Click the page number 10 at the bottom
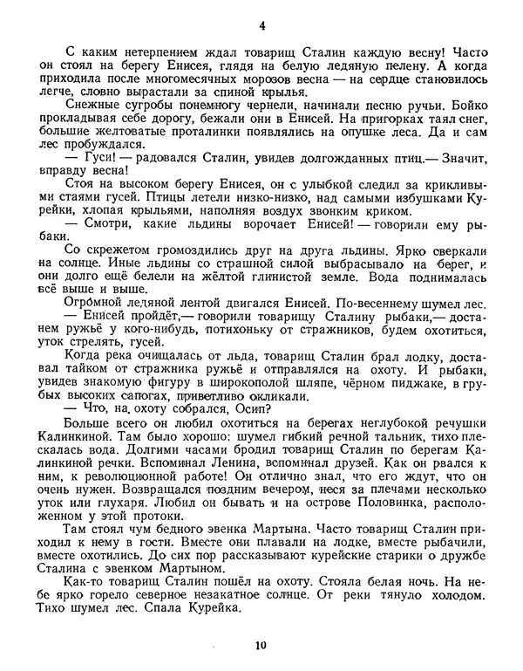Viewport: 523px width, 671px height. pos(261,646)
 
